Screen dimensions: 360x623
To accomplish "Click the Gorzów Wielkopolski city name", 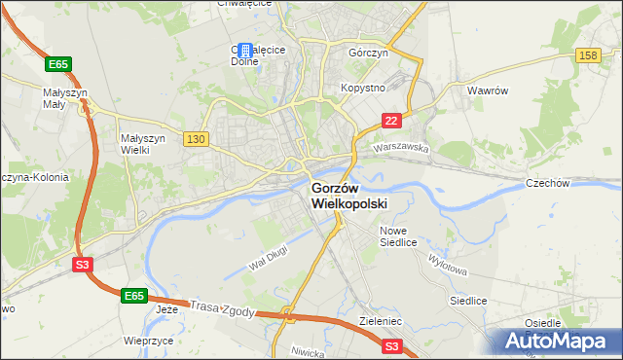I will point(348,196).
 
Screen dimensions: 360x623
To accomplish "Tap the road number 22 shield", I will point(390,120).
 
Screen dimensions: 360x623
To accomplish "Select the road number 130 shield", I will point(195,139).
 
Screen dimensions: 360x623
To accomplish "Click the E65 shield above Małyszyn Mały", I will point(58,64).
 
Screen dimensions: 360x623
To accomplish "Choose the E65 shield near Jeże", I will point(134,294).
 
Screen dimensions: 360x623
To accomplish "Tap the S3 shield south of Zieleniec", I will point(391,345).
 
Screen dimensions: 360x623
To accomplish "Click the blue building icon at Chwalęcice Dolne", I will point(245,50).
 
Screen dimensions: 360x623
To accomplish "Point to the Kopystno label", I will point(363,88).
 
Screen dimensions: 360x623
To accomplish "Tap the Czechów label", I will point(573,182).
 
